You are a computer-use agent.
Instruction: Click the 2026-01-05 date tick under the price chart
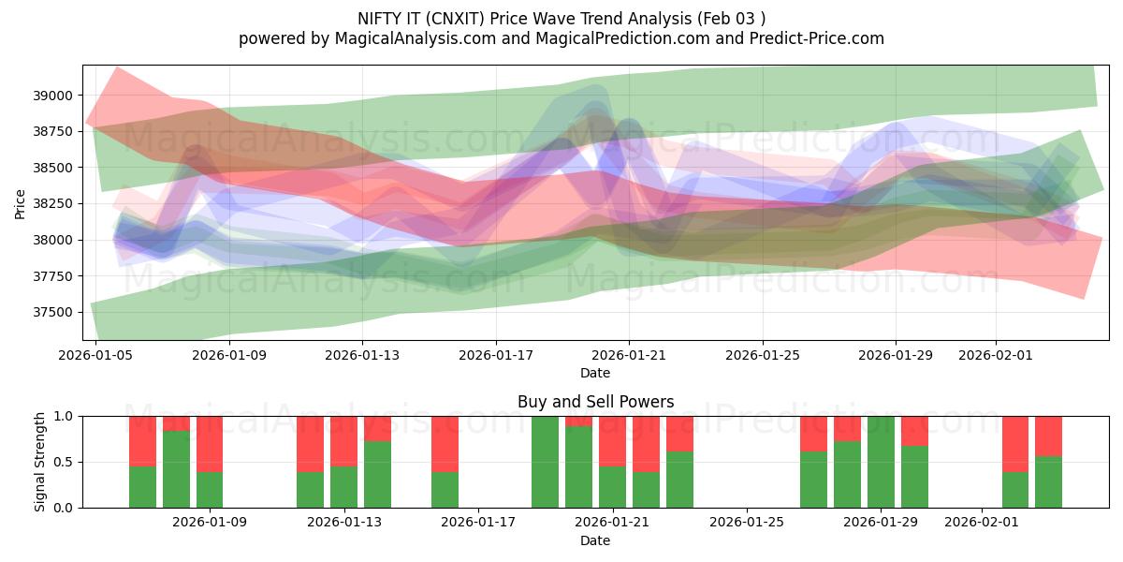95,356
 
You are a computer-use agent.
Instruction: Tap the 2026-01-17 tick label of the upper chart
495,356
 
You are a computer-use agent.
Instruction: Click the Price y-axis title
21,203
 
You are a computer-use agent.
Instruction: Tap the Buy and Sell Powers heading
595,402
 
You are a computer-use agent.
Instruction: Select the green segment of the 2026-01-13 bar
344,486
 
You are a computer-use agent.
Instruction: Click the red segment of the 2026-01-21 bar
612,441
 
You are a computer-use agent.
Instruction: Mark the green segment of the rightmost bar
1048,481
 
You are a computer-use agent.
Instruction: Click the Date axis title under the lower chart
595,540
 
